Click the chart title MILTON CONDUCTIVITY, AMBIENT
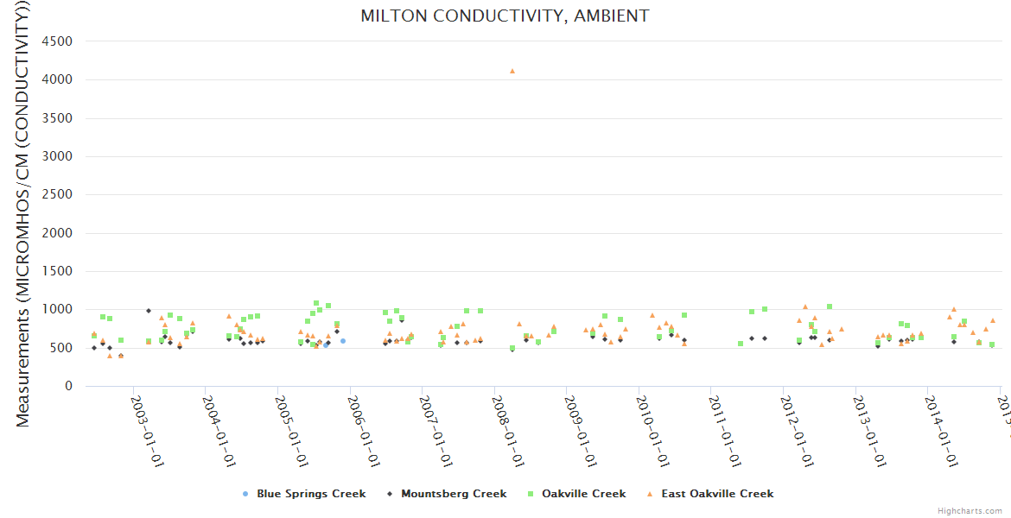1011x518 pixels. [505, 16]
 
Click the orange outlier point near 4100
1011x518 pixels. [512, 71]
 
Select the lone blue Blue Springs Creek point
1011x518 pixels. [343, 341]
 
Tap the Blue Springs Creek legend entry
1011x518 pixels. [310, 494]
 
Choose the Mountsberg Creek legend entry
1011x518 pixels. [448, 494]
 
